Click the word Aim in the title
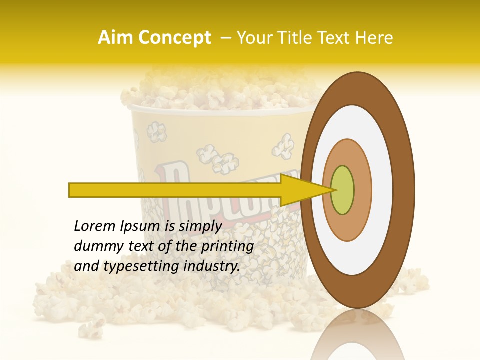coord(115,38)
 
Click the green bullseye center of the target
coord(342,190)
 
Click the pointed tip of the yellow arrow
coord(331,190)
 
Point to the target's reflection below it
coord(357,335)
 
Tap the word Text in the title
coord(338,38)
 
